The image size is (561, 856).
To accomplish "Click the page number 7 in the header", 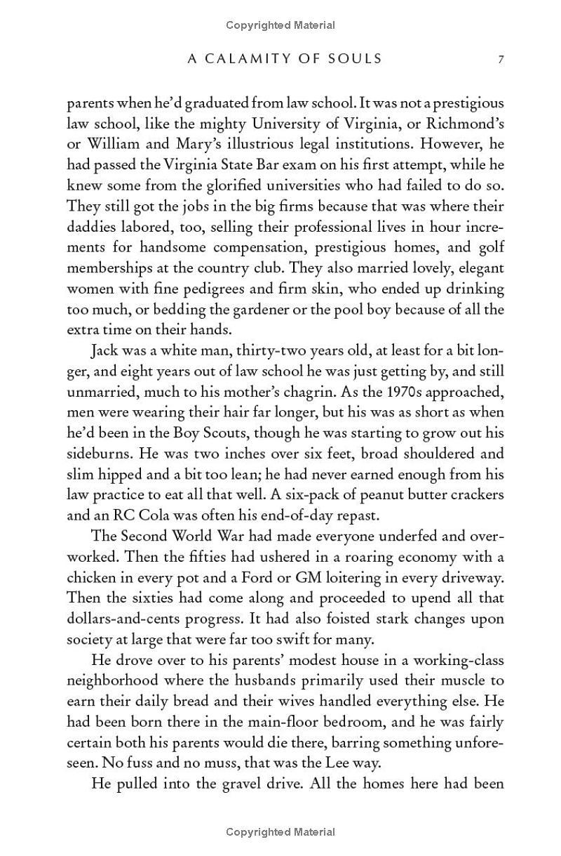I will click(501, 60).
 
